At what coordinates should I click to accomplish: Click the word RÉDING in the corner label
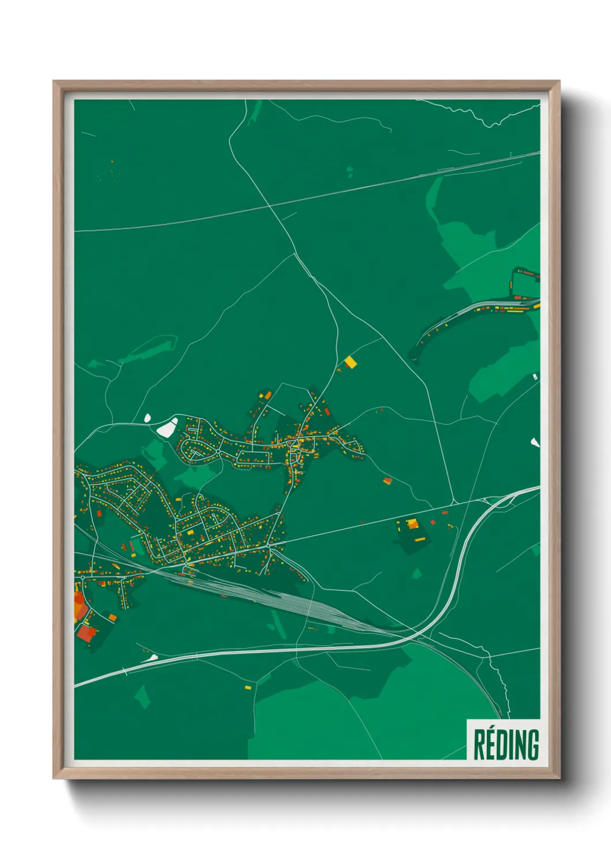(506, 744)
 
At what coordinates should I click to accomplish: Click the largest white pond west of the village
(167, 428)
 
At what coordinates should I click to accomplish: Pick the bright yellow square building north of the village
(351, 362)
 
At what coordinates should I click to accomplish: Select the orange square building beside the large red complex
(112, 617)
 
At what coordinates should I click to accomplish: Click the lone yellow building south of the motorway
(248, 687)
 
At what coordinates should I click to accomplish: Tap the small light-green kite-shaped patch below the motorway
(143, 696)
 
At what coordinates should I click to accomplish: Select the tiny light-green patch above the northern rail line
(350, 170)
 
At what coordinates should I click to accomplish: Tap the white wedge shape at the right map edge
(535, 443)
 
